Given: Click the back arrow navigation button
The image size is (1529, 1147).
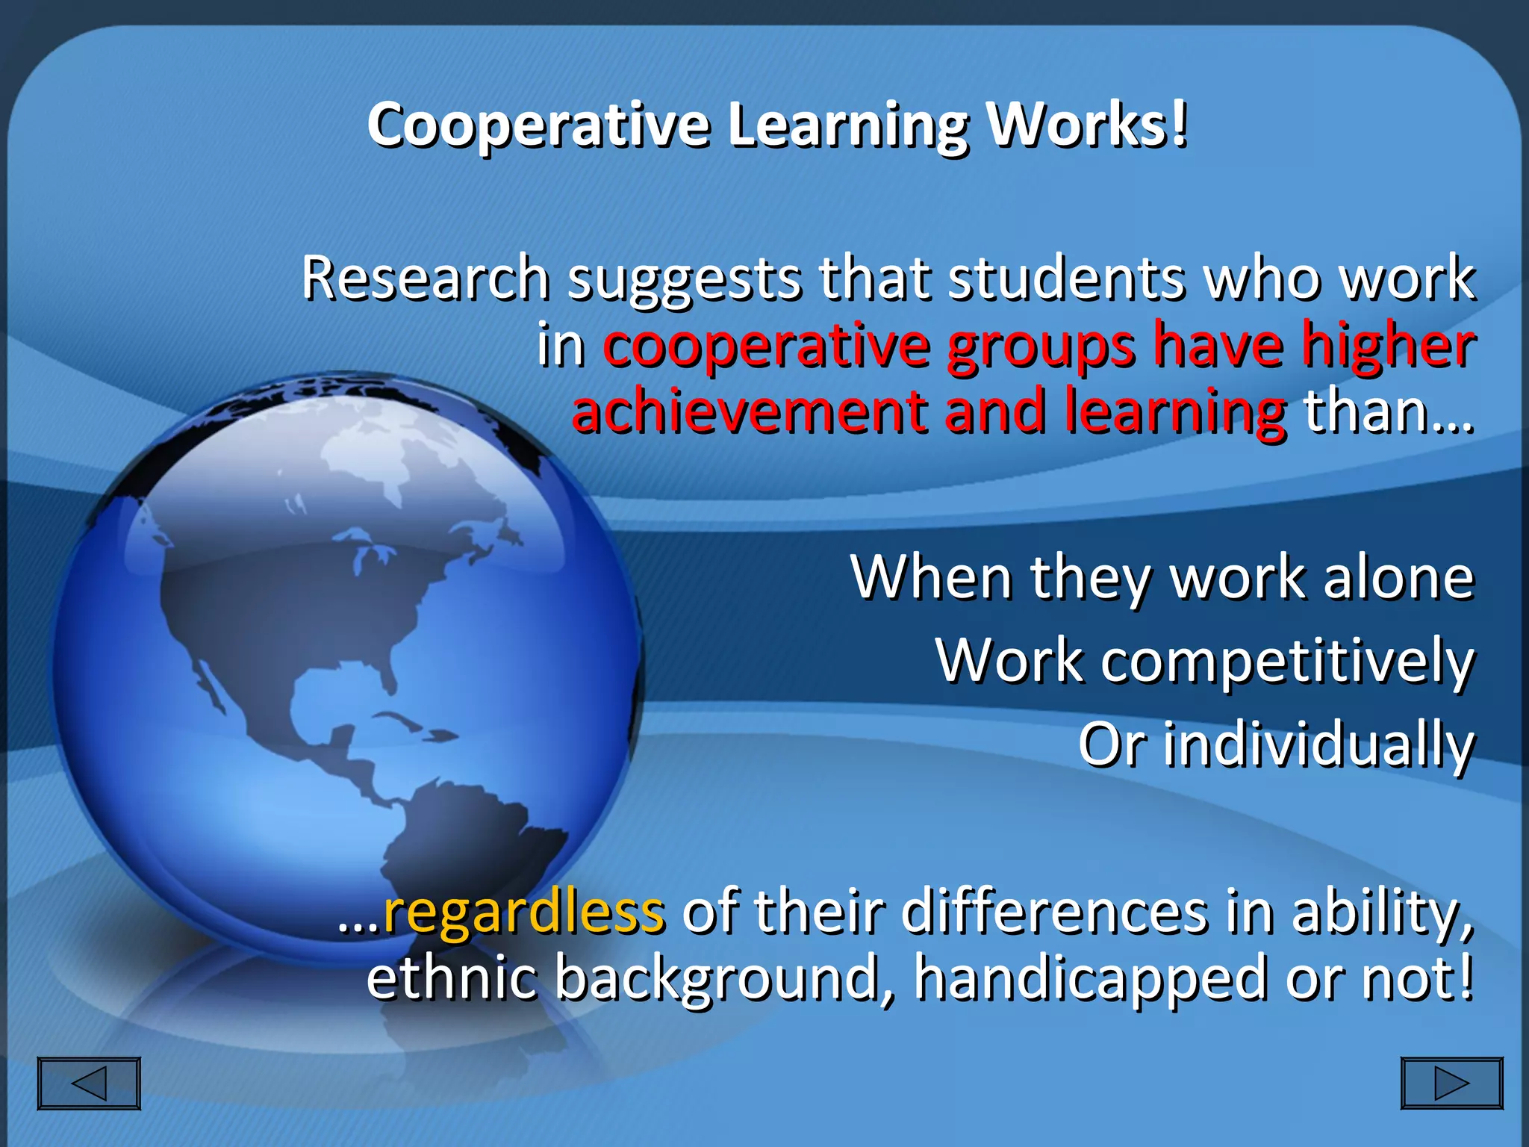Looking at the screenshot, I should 89,1083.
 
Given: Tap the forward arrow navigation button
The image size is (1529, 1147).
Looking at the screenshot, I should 1451,1083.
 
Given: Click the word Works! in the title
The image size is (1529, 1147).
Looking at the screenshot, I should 1087,125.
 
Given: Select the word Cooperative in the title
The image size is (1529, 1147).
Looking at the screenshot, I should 538,125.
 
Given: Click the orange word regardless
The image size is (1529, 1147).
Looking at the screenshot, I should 523,912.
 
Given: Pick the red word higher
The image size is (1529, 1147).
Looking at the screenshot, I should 1388,345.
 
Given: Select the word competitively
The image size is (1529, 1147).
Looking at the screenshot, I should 1287,662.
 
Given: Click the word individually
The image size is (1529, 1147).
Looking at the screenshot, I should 1318,745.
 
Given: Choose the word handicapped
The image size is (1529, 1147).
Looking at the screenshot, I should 1091,978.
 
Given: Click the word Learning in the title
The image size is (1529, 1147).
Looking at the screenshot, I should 848,125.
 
